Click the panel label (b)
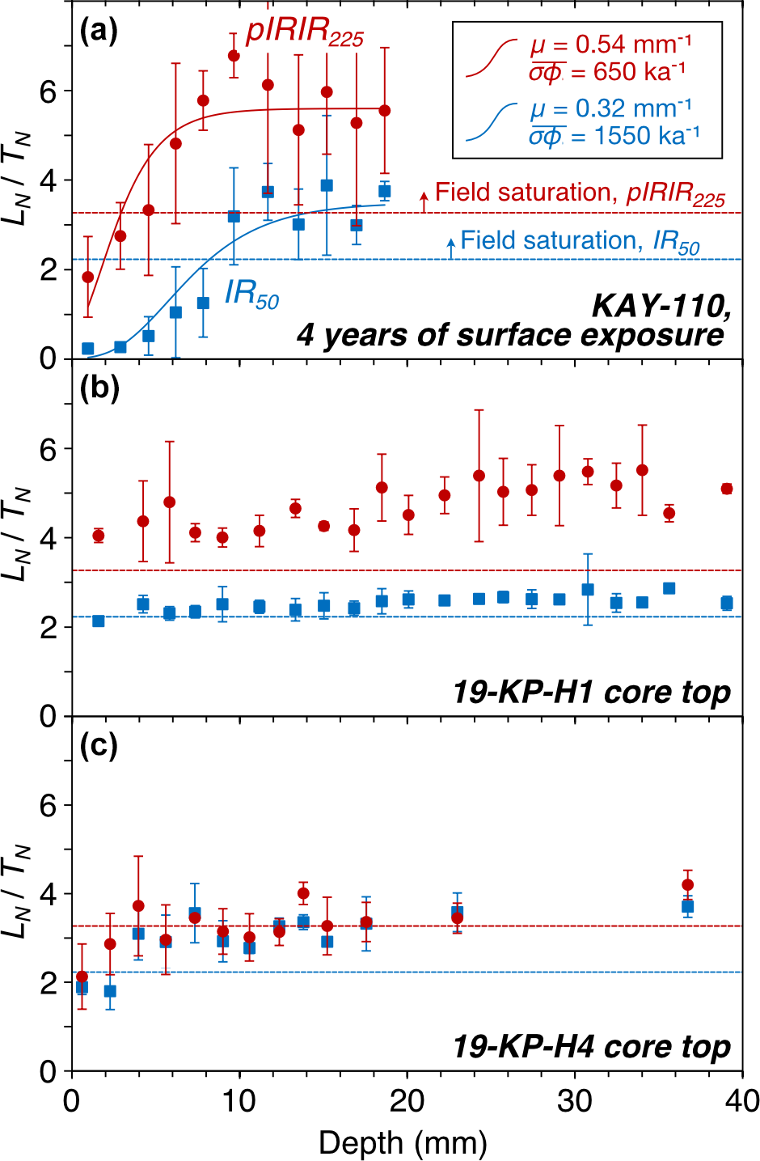click(x=99, y=389)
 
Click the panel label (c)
click(x=99, y=746)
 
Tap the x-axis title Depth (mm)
click(x=403, y=1143)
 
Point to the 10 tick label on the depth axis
click(x=239, y=1101)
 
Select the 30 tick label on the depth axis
click(x=575, y=1101)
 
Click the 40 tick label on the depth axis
click(x=741, y=1101)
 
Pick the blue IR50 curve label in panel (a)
click(x=251, y=294)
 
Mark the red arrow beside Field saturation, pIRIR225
click(x=424, y=200)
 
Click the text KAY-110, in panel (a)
click(x=661, y=305)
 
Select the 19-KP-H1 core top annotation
click(x=591, y=693)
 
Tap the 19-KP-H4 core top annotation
click(x=591, y=1048)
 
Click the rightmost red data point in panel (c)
click(x=687, y=885)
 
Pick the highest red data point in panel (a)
click(x=234, y=56)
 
